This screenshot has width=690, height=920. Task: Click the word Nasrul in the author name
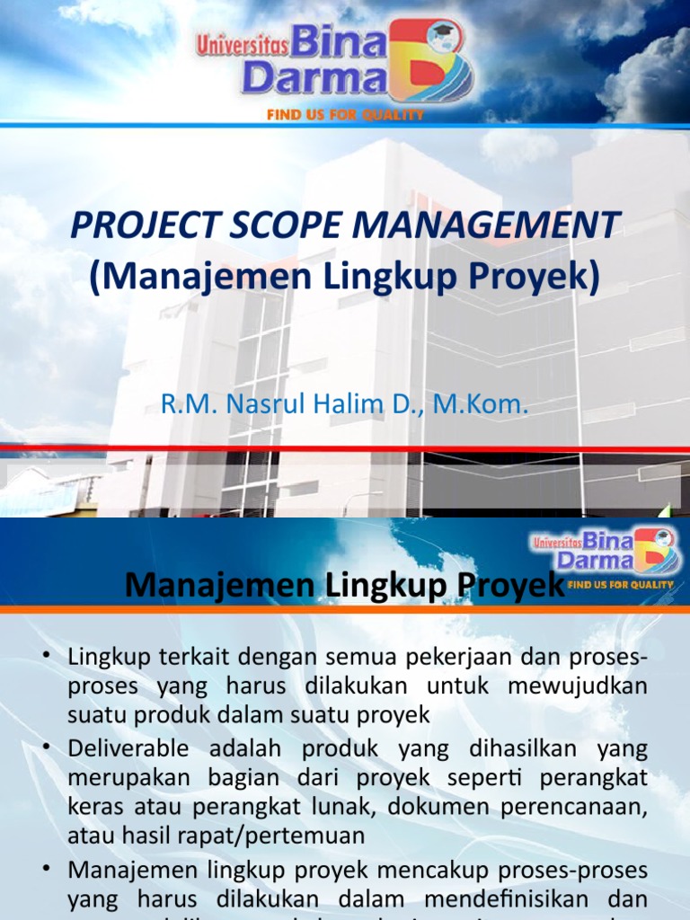click(268, 405)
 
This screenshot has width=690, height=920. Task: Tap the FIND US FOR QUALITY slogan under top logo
click(345, 115)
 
